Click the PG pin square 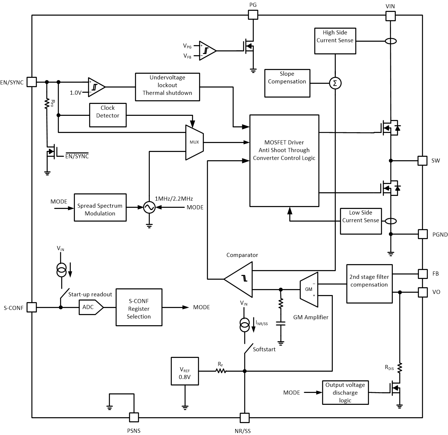[x=253, y=15]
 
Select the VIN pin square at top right [x=390, y=16]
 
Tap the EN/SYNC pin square [x=32, y=82]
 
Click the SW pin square [x=422, y=161]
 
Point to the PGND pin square [x=422, y=234]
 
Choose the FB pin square [x=422, y=274]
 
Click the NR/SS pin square [x=244, y=418]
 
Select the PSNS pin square [x=134, y=417]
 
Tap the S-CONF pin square [x=32, y=307]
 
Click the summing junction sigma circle [x=335, y=83]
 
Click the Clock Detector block [x=108, y=115]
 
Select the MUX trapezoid [x=194, y=142]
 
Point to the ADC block [x=91, y=307]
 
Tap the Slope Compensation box [x=287, y=83]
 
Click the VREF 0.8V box [x=184, y=371]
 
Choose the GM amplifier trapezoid [x=309, y=290]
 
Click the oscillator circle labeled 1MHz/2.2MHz [x=149, y=207]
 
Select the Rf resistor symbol [x=221, y=371]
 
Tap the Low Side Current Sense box [x=361, y=221]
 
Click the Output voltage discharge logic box [x=345, y=393]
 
